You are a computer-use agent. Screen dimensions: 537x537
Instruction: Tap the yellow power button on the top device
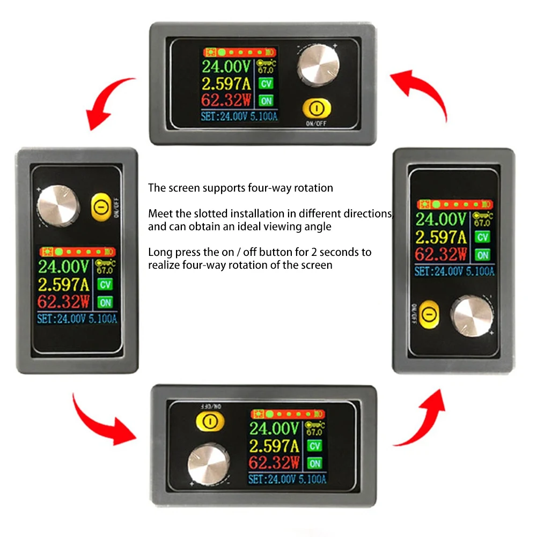coord(316,109)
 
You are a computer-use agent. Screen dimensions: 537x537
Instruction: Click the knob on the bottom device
coord(210,462)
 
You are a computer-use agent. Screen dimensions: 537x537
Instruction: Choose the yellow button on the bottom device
coord(210,421)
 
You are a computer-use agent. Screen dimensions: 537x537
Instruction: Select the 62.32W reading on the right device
coord(441,254)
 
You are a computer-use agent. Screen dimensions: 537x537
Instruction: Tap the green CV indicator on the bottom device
coord(314,446)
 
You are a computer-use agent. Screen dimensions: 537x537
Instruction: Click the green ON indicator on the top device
coord(266,100)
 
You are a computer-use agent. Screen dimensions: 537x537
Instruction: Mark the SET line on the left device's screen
coord(77,319)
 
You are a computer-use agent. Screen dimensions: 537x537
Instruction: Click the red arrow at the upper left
coord(107,105)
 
